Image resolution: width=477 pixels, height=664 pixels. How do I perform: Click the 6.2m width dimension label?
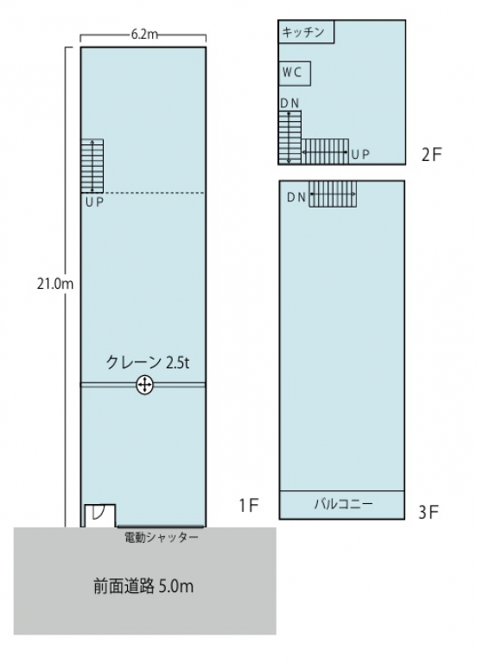point(143,35)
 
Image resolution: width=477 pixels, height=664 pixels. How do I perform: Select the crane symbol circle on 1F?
point(144,386)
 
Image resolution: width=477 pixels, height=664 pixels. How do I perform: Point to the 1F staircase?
point(92,166)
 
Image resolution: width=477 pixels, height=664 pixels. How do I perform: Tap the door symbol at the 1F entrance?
point(98,514)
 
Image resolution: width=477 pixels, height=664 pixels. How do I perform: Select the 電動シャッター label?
point(162,538)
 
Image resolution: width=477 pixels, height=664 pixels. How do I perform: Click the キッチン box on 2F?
point(305,33)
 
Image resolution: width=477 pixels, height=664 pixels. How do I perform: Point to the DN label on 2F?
point(289,104)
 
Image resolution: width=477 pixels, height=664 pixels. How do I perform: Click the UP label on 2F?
point(360,155)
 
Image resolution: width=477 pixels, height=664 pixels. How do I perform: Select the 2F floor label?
point(431,156)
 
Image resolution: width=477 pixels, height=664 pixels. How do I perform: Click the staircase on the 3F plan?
point(333,194)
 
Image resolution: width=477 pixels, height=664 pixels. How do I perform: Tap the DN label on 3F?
point(296,197)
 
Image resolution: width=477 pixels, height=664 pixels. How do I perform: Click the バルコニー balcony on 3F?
point(342,504)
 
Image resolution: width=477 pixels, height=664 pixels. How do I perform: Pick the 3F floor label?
point(429,513)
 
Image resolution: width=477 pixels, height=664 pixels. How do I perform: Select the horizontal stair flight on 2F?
point(324,151)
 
